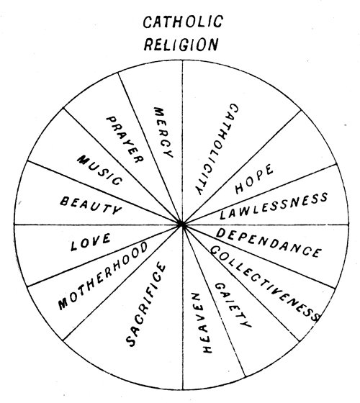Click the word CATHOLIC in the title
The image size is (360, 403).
point(183,22)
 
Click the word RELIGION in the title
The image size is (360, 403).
point(181,45)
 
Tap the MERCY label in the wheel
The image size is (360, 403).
point(163,132)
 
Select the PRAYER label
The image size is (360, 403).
point(125,140)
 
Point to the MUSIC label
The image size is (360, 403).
point(100,170)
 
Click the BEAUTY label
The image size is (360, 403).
point(91,205)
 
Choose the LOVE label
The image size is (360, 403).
point(91,242)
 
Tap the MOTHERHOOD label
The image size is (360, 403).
point(103,276)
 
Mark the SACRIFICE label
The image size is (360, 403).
point(145,304)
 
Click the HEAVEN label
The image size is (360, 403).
point(202,323)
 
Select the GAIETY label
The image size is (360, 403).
point(233,305)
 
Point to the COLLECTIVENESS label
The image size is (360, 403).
point(265,284)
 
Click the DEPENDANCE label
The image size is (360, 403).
point(269,243)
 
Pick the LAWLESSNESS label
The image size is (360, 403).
point(274,206)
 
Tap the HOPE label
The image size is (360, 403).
point(253,178)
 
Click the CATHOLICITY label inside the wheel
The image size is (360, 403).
point(217,149)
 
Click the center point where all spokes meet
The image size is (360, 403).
point(183,225)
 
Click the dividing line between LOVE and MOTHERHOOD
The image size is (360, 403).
point(105,255)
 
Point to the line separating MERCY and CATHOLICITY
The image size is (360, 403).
point(183,142)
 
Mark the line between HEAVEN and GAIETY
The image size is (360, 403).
point(214,301)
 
